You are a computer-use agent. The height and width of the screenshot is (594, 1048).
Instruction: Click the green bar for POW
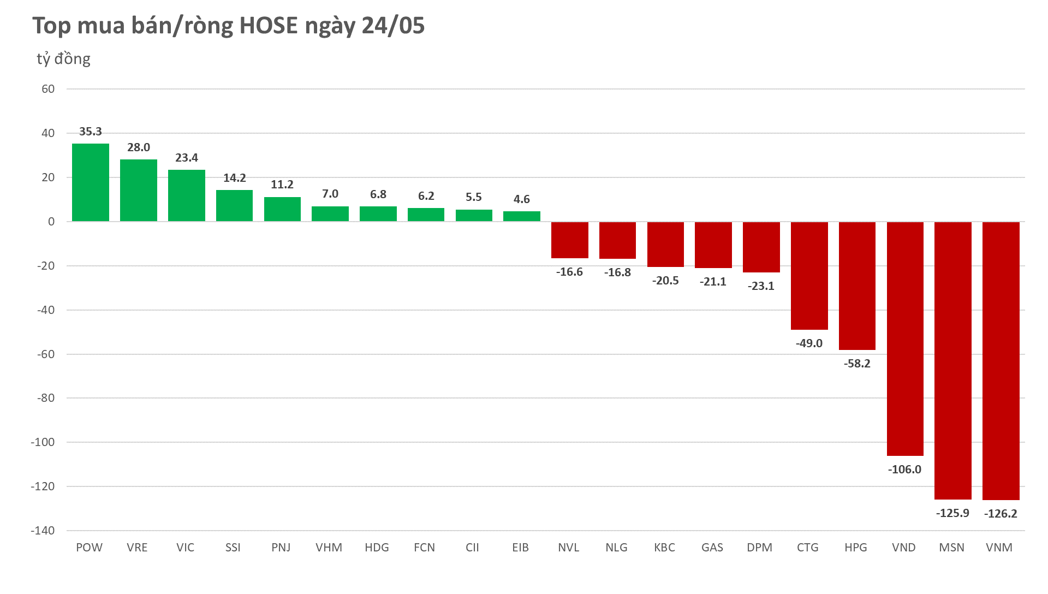pyautogui.click(x=91, y=182)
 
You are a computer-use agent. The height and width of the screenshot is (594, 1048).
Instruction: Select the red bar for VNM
pyautogui.click(x=1001, y=360)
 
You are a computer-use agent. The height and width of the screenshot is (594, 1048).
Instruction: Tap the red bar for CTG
pyautogui.click(x=809, y=276)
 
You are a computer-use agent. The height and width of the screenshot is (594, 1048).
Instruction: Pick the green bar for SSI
pyautogui.click(x=234, y=206)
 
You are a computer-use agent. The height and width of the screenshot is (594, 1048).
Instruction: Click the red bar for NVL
pyautogui.click(x=569, y=240)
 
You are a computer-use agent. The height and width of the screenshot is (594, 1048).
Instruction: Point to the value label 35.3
pyautogui.click(x=91, y=132)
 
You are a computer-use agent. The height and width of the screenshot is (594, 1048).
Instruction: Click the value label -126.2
pyautogui.click(x=1001, y=514)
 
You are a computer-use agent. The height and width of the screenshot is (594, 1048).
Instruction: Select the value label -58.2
pyautogui.click(x=857, y=364)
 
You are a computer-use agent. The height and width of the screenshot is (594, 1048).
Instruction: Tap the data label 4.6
pyautogui.click(x=521, y=199)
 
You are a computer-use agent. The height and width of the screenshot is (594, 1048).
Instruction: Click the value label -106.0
pyautogui.click(x=904, y=470)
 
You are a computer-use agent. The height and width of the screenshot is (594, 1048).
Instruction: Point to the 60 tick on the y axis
pyautogui.click(x=48, y=89)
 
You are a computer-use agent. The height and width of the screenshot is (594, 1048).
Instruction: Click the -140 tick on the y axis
pyautogui.click(x=43, y=531)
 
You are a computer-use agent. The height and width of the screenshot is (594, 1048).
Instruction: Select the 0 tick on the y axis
pyautogui.click(x=51, y=222)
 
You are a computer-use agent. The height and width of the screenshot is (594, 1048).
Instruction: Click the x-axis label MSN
pyautogui.click(x=951, y=548)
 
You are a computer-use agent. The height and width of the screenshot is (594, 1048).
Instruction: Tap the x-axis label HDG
pyautogui.click(x=377, y=548)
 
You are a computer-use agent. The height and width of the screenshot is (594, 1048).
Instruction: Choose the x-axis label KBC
pyautogui.click(x=664, y=548)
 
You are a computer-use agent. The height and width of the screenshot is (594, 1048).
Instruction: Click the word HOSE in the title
pyautogui.click(x=269, y=26)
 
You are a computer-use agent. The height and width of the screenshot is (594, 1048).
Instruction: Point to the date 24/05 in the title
pyautogui.click(x=393, y=26)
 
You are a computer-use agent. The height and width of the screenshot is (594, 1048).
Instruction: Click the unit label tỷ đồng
pyautogui.click(x=63, y=59)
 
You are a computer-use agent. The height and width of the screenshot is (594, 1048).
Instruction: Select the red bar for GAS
pyautogui.click(x=713, y=245)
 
